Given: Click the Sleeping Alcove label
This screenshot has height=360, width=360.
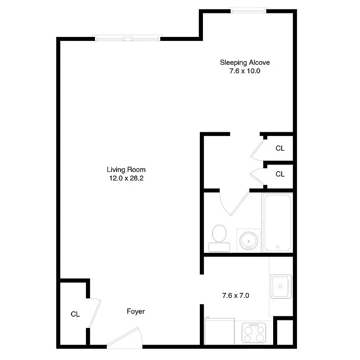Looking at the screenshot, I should (x=244, y=63).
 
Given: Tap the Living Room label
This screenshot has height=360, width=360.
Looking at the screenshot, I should (x=126, y=170).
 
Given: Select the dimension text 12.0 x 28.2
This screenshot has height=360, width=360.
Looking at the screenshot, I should (x=126, y=178).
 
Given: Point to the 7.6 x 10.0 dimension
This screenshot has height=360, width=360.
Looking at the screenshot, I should (x=244, y=71).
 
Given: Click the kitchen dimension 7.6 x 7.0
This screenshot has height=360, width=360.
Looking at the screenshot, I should (x=235, y=296).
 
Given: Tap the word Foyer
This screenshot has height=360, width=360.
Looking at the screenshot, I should (x=135, y=311).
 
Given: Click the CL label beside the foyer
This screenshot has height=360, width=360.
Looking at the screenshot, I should (x=75, y=314).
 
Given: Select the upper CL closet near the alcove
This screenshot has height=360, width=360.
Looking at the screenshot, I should (x=280, y=148).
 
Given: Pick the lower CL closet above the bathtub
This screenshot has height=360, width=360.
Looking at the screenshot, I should (x=280, y=174).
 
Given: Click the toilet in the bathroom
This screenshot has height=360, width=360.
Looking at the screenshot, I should (x=219, y=237).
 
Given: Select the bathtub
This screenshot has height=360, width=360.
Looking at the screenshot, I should (x=278, y=222).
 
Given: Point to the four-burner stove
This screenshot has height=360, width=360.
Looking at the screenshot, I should (x=254, y=333).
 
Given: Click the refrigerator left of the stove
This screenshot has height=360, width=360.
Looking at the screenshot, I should (x=220, y=332).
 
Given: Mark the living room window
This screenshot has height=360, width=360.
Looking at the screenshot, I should (x=128, y=39).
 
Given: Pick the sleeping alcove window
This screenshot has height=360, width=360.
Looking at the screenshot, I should (x=248, y=10).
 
